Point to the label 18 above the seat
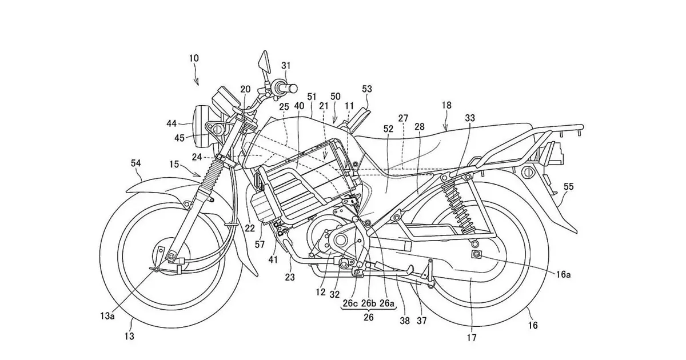(446, 105)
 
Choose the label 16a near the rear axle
(563, 275)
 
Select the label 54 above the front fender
(135, 164)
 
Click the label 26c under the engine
(349, 304)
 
